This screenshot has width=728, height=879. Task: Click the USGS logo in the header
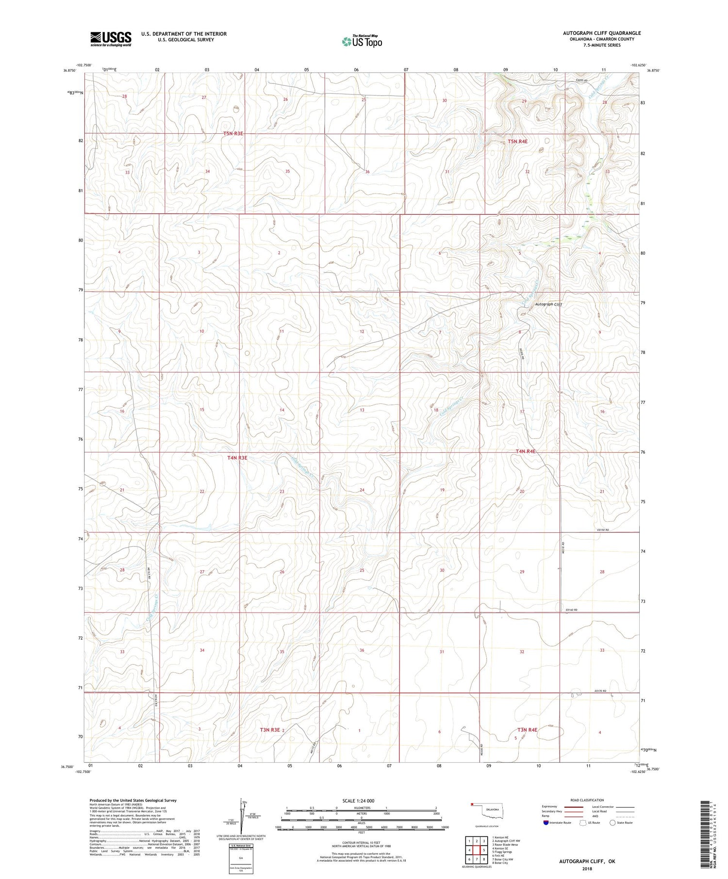pos(110,39)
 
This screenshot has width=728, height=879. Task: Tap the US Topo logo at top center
pos(362,41)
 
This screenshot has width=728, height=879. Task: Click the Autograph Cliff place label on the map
pos(548,304)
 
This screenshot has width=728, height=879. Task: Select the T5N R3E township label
pos(233,133)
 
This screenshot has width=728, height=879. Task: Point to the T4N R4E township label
pos(526,451)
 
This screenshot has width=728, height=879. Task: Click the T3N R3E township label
pos(270,730)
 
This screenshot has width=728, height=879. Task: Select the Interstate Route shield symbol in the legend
pos(546,823)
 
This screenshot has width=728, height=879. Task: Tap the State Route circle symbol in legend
pos(613,823)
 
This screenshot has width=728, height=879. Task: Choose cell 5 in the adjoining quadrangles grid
pos(484,850)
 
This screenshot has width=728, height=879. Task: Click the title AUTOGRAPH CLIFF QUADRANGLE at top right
pos(601,33)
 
